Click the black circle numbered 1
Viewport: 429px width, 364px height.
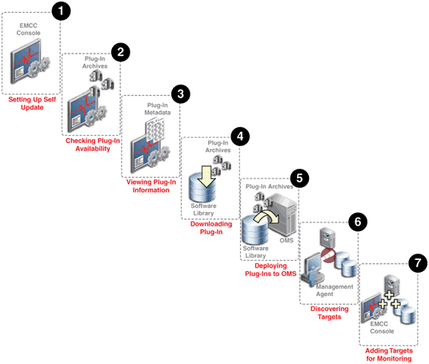point(61,11)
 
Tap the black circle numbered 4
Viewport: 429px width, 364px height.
point(240,136)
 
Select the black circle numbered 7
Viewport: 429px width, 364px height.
point(418,263)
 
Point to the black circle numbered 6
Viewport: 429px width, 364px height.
point(358,222)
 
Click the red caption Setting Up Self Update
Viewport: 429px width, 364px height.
point(32,103)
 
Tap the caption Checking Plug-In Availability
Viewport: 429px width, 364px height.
point(93,145)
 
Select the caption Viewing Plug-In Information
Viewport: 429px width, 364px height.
point(151,186)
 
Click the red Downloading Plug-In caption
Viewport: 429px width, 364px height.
point(211,228)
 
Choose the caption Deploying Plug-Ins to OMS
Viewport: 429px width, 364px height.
point(271,270)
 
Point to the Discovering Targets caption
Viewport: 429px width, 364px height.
point(330,313)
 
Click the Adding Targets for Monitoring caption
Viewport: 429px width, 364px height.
point(389,354)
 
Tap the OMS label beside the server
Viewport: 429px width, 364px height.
point(287,240)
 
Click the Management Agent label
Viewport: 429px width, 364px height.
point(335,290)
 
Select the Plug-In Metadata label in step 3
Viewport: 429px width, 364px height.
point(158,109)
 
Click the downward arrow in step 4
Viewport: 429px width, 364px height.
point(206,176)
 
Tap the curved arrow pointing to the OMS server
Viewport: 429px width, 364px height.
point(266,217)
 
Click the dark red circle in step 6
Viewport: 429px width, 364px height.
point(328,255)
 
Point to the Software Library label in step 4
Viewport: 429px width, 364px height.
point(203,210)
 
